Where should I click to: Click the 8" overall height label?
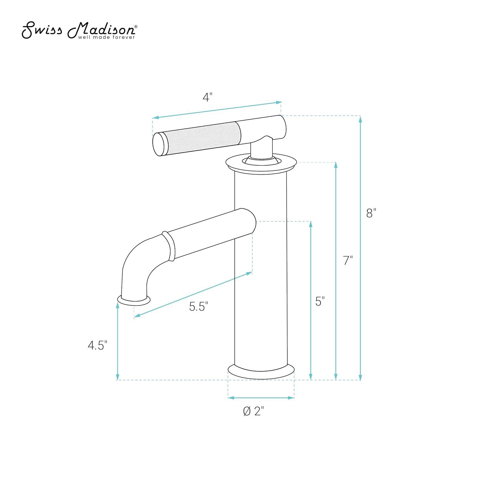371,214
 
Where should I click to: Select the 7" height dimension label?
348,261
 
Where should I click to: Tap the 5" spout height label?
320,302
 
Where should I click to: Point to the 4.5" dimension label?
97,345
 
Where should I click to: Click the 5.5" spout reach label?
199,306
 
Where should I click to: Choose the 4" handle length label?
207,97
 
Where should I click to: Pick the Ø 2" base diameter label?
253,411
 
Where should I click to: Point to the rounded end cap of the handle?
160,144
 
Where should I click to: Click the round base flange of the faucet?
261,373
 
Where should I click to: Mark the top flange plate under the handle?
261,163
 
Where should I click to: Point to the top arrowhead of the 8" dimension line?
360,119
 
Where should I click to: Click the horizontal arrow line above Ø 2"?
261,398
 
